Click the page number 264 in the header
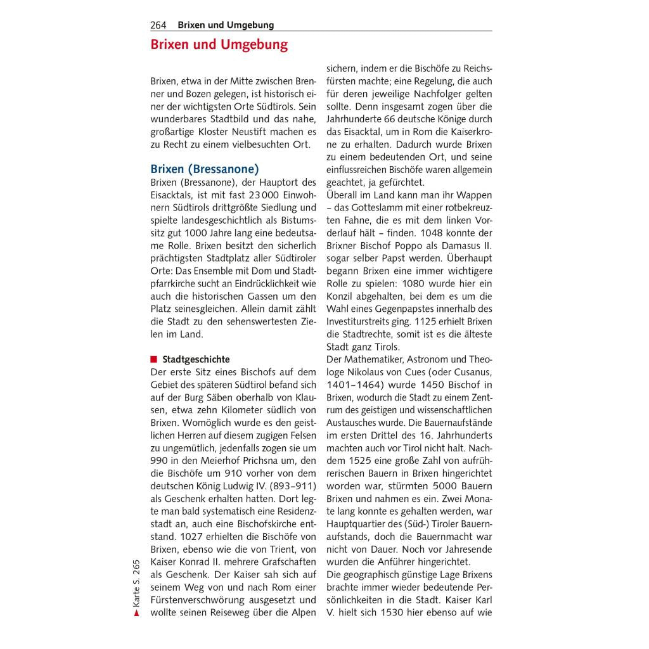[158, 25]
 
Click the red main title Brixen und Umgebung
[219, 45]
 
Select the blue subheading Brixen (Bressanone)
[204, 169]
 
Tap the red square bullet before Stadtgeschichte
[153, 359]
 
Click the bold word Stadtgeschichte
[196, 359]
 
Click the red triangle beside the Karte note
[136, 613]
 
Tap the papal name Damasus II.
[465, 246]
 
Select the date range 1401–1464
[356, 385]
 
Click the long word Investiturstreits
[363, 321]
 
